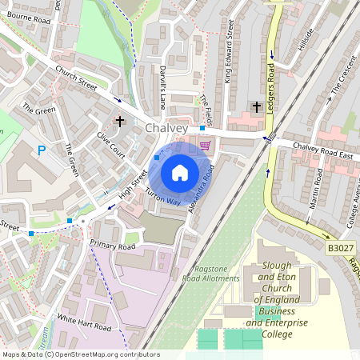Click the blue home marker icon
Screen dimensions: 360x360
180,171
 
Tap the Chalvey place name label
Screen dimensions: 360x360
167,128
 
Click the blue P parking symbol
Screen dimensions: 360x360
42,150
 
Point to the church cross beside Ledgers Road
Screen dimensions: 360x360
257,106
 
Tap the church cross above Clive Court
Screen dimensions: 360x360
120,122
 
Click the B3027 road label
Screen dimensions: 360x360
339,249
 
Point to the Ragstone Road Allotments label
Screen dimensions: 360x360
216,273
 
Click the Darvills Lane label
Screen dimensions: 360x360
162,87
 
